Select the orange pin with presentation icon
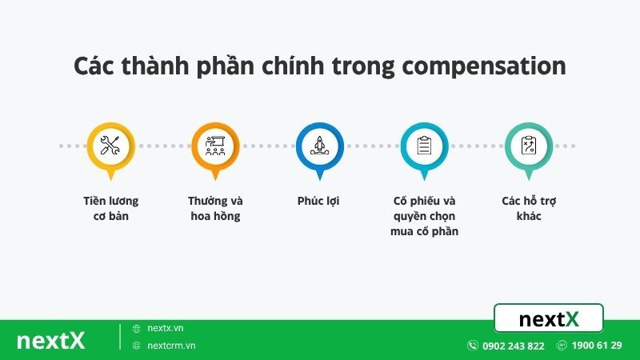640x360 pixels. point(214,146)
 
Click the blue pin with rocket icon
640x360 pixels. point(319,146)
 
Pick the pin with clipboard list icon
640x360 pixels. point(424,146)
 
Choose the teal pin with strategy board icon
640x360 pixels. point(528,146)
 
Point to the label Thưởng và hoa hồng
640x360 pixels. point(214,208)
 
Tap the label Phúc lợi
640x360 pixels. point(318,201)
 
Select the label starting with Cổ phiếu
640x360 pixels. point(424,216)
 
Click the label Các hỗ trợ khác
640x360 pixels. point(528,208)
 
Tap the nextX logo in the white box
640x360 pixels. point(549,319)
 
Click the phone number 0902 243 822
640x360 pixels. point(513,346)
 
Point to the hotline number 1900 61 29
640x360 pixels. point(598,346)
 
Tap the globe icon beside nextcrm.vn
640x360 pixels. point(137,346)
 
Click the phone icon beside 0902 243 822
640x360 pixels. point(473,346)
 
